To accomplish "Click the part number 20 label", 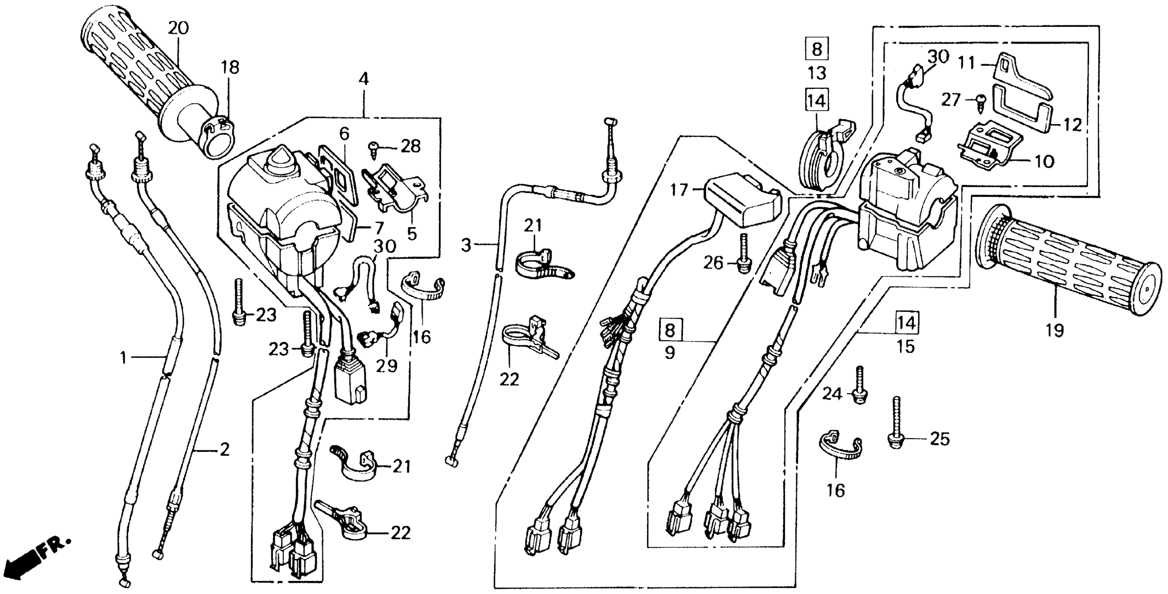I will click(178, 29).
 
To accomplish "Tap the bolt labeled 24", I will click(859, 389).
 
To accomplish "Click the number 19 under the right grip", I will click(1055, 331).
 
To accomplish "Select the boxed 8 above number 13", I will click(817, 49).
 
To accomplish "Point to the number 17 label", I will click(679, 190).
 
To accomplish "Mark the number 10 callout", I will click(1045, 161).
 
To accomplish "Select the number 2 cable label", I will click(224, 450).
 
